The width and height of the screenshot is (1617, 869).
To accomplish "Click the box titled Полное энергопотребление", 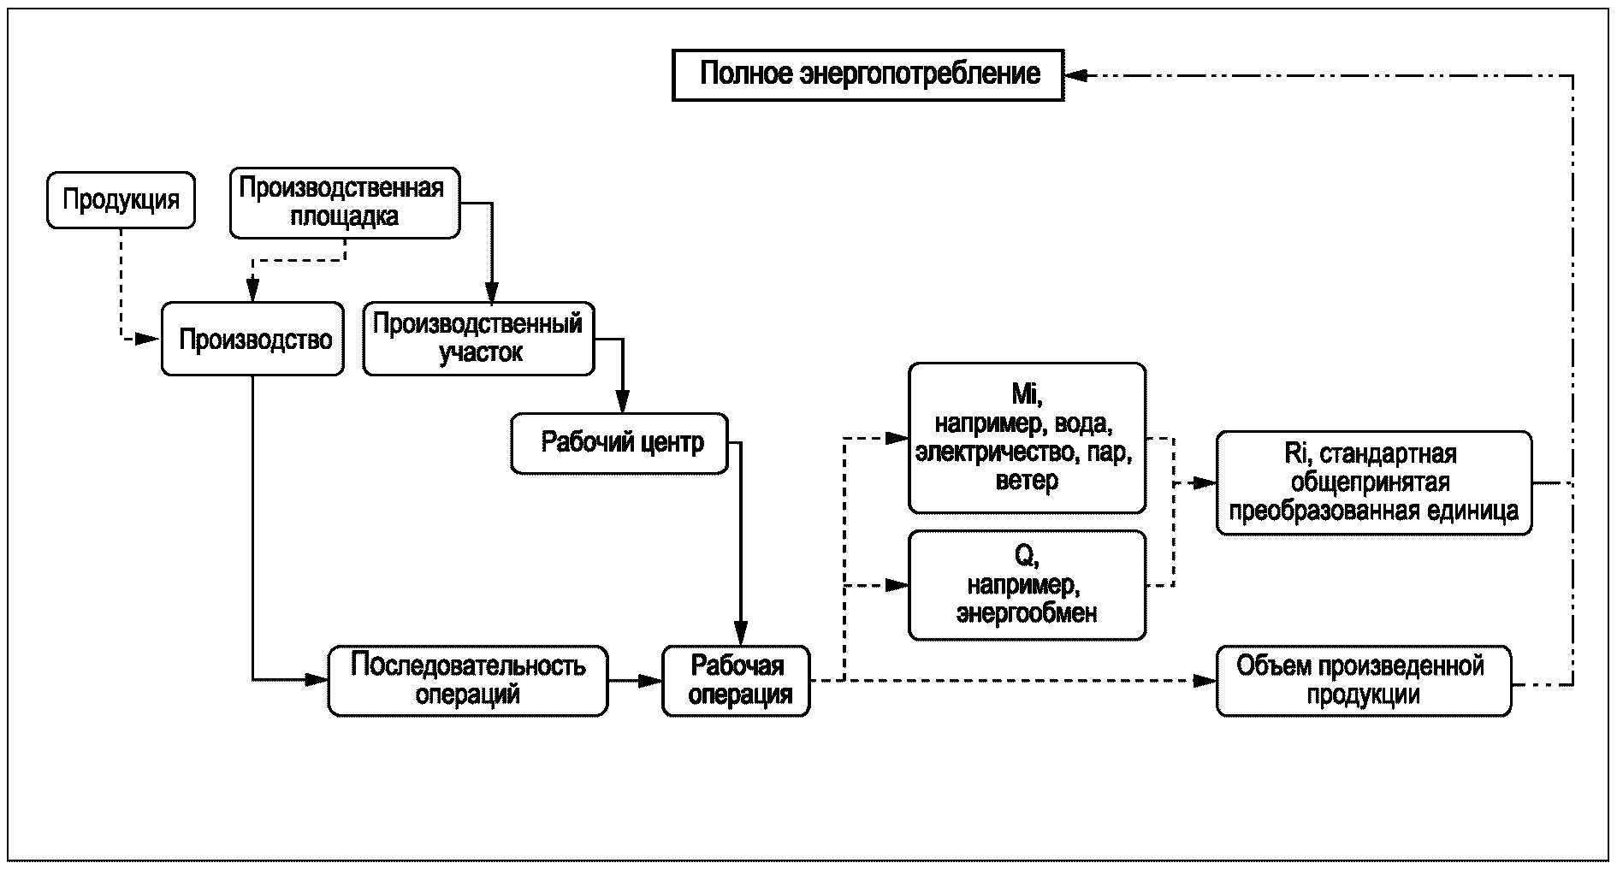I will coord(868,75).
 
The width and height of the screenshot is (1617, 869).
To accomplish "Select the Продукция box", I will coord(121,200).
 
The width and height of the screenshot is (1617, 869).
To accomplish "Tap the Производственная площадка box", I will coord(344,203).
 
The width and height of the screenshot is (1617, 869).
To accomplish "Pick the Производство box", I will coord(253,340).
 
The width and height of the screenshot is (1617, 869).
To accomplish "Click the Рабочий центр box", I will coord(619,443).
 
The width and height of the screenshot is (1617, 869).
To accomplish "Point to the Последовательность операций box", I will coord(468,681).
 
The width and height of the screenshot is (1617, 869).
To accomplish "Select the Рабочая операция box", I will coord(736,681).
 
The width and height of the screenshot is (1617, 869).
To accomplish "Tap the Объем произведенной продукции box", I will coord(1363,681).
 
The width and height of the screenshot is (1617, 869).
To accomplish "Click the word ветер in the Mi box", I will coord(1027,481).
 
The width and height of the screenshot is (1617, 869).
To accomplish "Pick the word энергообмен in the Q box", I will coord(1027,613).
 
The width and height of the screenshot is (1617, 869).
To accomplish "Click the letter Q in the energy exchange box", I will coord(1026,556).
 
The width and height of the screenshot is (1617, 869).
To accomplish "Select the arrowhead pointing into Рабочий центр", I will coord(623,404).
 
